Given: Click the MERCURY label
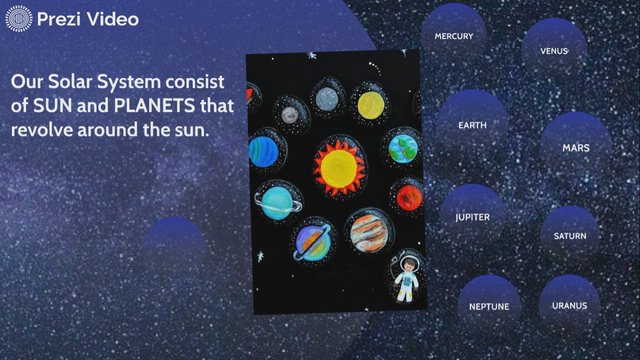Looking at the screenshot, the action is pos(453,36).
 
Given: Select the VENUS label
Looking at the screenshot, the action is pos(553,51).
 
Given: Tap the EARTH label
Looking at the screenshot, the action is pos(472,125).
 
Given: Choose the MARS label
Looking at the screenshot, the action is pos(575,148).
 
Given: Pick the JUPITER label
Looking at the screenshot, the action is pos(472,217).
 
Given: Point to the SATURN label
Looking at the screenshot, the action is pos(569,236).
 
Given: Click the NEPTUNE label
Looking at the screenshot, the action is pos(489,306).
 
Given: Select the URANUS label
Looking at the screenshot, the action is pos(569,305).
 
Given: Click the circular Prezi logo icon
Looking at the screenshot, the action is pos(19,18).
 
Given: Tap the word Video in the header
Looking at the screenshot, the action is pos(113,19).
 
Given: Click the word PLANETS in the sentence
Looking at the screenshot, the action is pos(154,105).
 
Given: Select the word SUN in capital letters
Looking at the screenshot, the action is pos(52,105).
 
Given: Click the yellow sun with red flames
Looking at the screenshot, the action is pos(339,168).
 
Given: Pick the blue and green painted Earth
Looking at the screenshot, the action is pos(403,148).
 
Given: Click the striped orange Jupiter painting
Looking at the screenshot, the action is pos(368,233).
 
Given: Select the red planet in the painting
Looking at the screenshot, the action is pos(409,197).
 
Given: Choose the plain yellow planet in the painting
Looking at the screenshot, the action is pos(371,105).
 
